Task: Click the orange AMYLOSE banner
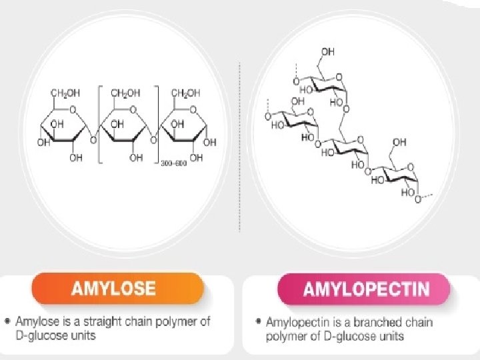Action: [x=116, y=289]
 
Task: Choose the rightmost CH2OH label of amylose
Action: [x=185, y=93]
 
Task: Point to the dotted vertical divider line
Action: [x=239, y=147]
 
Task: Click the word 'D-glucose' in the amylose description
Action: [x=41, y=335]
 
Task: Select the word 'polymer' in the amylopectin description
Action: [x=286, y=336]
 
